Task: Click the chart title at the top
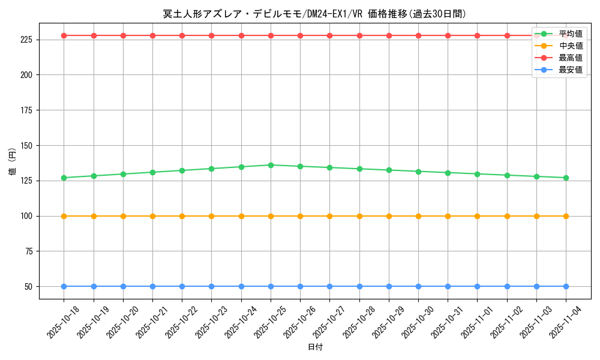314,14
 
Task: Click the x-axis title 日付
315,347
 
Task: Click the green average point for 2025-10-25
271,165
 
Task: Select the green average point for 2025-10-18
64,178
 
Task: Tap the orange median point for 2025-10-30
418,216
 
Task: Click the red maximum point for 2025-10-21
152,35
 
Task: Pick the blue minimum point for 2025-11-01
477,286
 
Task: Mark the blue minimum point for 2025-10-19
94,286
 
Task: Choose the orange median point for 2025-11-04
566,216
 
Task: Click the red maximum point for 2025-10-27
329,35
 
